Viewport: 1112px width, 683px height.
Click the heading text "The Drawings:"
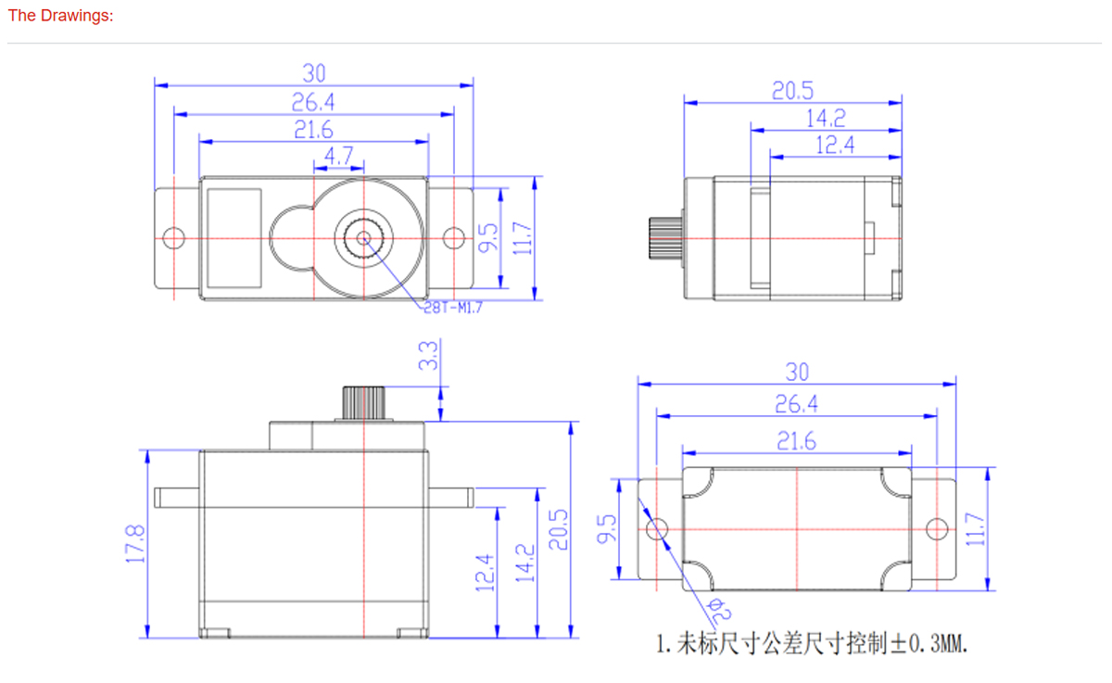coord(61,17)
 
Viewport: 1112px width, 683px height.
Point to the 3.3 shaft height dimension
coord(428,356)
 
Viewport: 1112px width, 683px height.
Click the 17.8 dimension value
coord(136,544)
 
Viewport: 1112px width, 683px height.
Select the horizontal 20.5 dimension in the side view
coord(792,90)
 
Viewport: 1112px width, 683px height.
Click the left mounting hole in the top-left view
coord(172,238)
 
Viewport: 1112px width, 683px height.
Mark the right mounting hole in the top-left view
coord(453,238)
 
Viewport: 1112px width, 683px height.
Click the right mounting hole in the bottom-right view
coord(937,529)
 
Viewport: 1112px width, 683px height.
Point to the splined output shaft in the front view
coord(367,402)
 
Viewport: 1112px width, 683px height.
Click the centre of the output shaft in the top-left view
coord(362,237)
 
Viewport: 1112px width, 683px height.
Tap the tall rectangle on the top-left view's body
coord(234,237)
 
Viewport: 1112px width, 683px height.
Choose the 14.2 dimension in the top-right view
coord(825,118)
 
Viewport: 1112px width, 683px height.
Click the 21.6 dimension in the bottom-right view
coord(796,442)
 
